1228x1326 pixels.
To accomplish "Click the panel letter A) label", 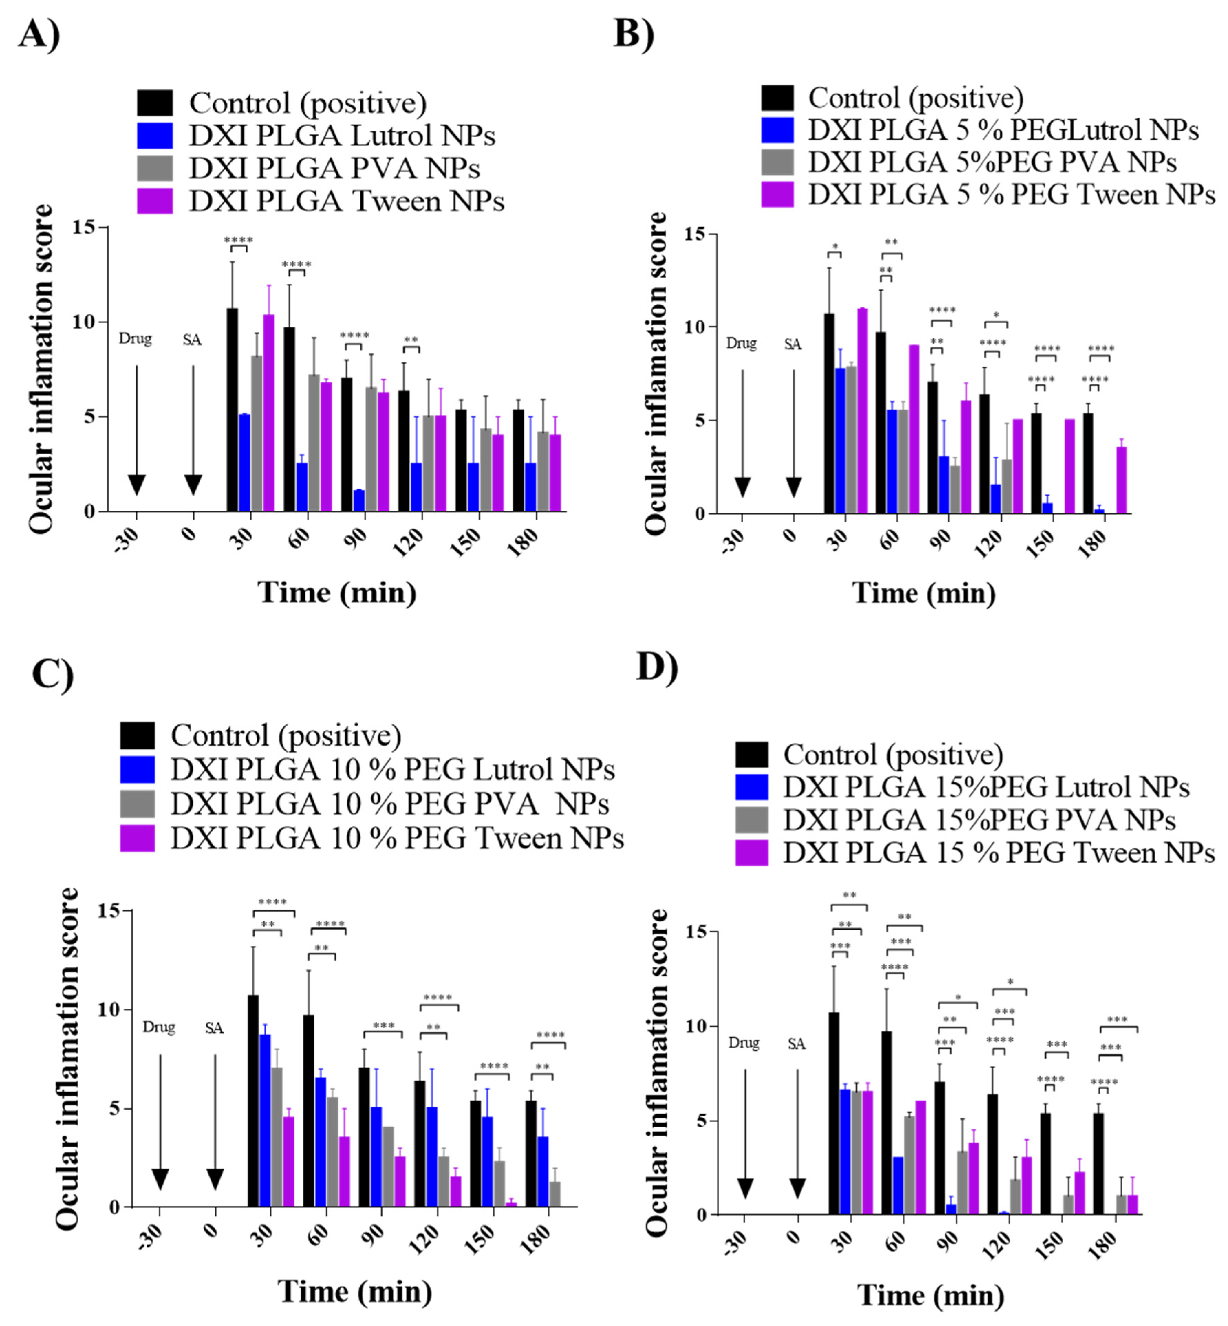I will pos(39,33).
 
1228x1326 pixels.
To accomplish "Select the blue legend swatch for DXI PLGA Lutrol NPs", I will pos(155,136).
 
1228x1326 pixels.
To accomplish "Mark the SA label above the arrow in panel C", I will pos(214,1028).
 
